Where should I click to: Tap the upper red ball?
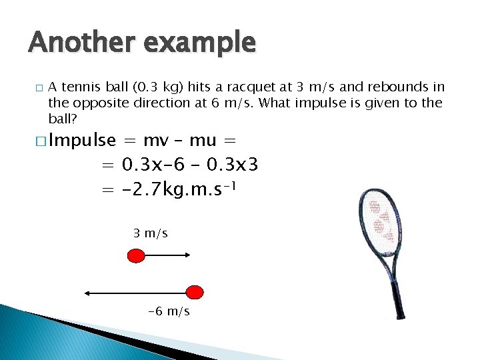point(136,255)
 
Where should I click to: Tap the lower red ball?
point(194,292)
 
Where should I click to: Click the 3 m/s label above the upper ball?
point(150,233)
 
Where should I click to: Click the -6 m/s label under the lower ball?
point(168,311)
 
